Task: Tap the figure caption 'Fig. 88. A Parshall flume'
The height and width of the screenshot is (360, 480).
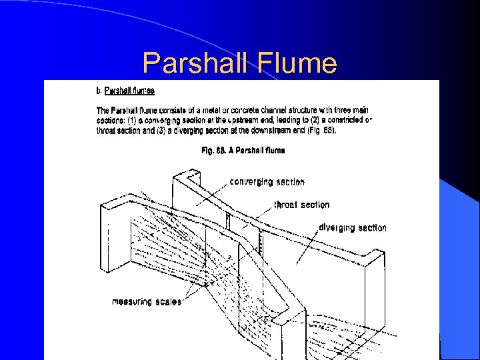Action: pyautogui.click(x=243, y=151)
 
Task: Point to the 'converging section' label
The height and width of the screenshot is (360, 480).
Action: pyautogui.click(x=267, y=181)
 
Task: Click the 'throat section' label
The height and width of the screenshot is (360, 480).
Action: pyautogui.click(x=301, y=205)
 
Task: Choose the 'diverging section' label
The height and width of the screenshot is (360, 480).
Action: pyautogui.click(x=353, y=227)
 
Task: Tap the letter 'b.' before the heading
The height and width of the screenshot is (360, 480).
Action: pyautogui.click(x=99, y=90)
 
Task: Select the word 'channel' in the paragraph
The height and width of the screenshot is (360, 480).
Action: pyautogui.click(x=287, y=110)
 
